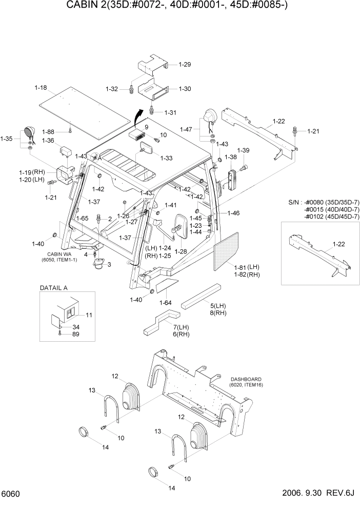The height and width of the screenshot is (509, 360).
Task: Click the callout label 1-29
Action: (184, 65)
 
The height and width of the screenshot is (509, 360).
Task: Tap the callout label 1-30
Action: (184, 89)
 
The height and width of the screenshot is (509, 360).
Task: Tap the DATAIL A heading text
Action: (53, 288)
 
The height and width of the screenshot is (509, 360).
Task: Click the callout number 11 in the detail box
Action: (88, 315)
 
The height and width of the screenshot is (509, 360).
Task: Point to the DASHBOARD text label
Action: (246, 379)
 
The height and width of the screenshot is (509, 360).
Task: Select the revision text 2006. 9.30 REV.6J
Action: (318, 494)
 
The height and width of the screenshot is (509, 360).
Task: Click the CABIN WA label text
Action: (57, 254)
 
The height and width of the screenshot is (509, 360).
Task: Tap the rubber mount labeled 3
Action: (97, 266)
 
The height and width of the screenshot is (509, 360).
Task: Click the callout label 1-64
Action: (165, 302)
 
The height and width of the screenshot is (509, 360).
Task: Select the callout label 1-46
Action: (233, 212)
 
